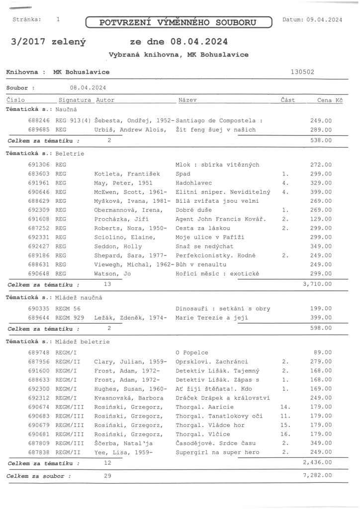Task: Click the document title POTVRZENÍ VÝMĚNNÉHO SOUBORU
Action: pyautogui.click(x=179, y=22)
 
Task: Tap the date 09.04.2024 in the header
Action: pyautogui.click(x=324, y=20)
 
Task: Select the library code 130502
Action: pyautogui.click(x=302, y=72)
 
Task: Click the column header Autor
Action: pyautogui.click(x=105, y=100)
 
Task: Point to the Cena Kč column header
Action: pyautogui.click(x=330, y=100)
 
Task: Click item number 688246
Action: pyautogui.click(x=39, y=121)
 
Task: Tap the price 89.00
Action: pyautogui.click(x=323, y=352)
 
